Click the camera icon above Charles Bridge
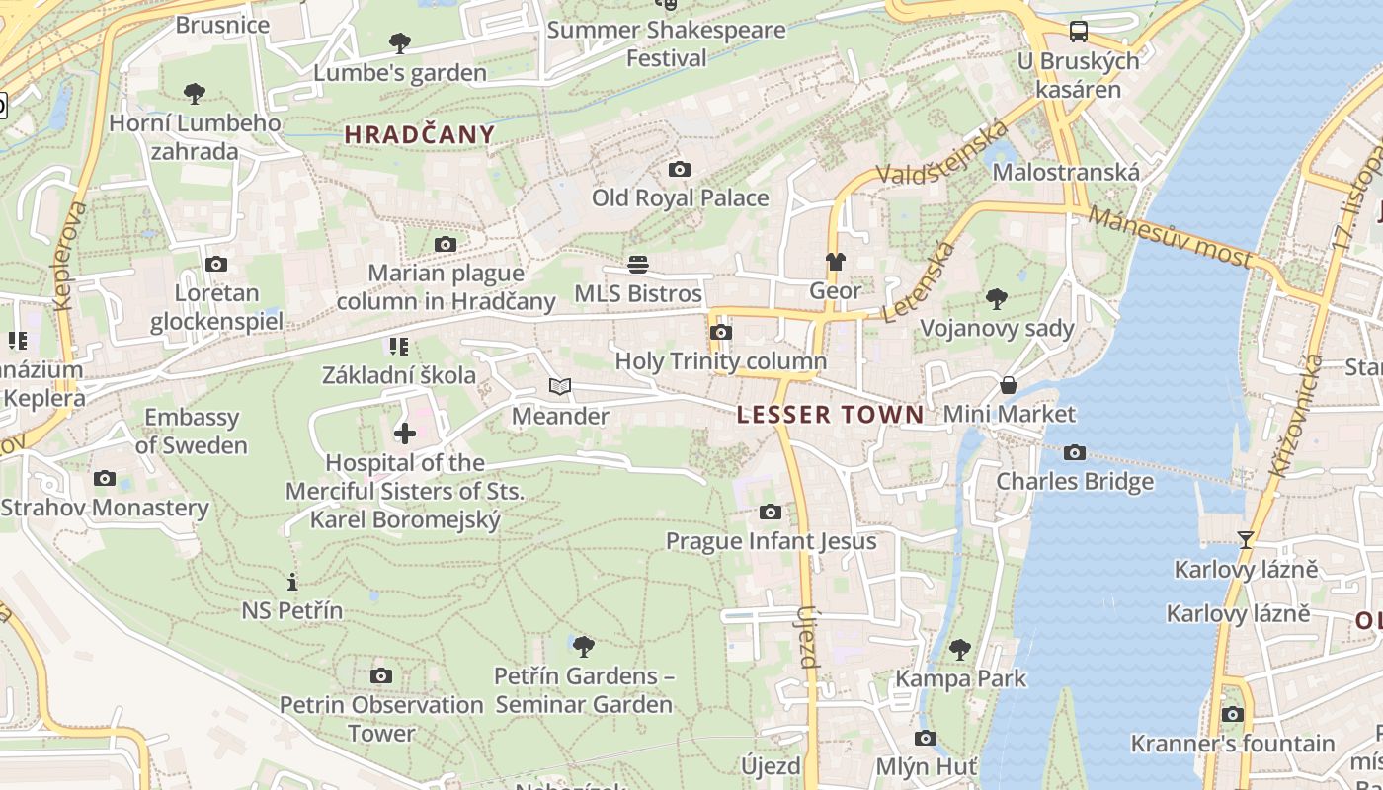[1075, 453]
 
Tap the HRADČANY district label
[420, 135]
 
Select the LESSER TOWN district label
[831, 415]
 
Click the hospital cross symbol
[405, 434]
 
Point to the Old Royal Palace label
[680, 197]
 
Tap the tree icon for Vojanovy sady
[997, 299]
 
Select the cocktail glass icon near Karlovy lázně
[1245, 540]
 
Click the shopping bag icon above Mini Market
[1009, 384]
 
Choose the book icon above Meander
[560, 387]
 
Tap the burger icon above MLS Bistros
[638, 265]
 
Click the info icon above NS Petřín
[291, 582]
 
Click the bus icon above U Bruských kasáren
[1079, 32]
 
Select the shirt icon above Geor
[836, 262]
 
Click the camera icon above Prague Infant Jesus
[771, 512]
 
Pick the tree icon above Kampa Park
[960, 649]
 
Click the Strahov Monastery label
[105, 508]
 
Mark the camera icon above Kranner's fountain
[1232, 714]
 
